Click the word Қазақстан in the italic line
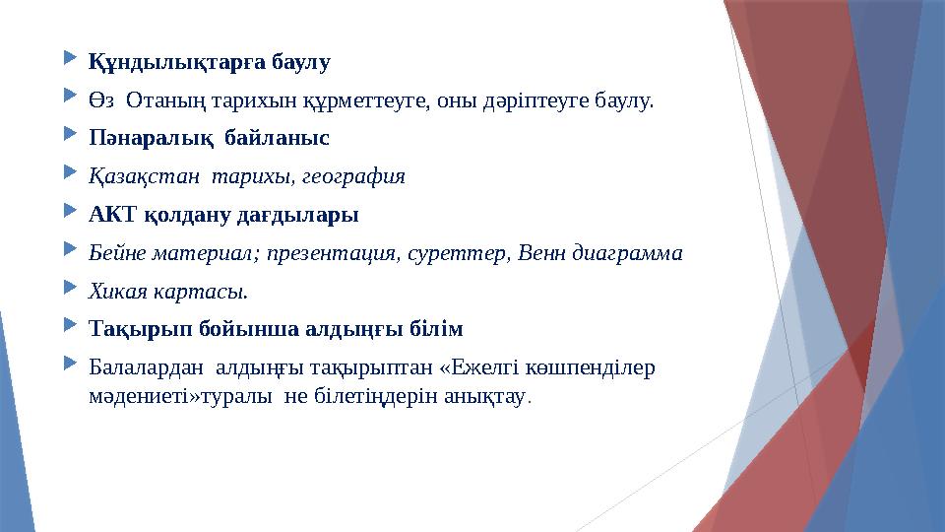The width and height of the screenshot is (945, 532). point(138,176)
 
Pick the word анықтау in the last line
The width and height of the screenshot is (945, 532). point(485,395)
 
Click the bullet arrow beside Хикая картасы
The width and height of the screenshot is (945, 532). point(70,290)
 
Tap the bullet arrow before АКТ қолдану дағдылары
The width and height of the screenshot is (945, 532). point(70,213)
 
